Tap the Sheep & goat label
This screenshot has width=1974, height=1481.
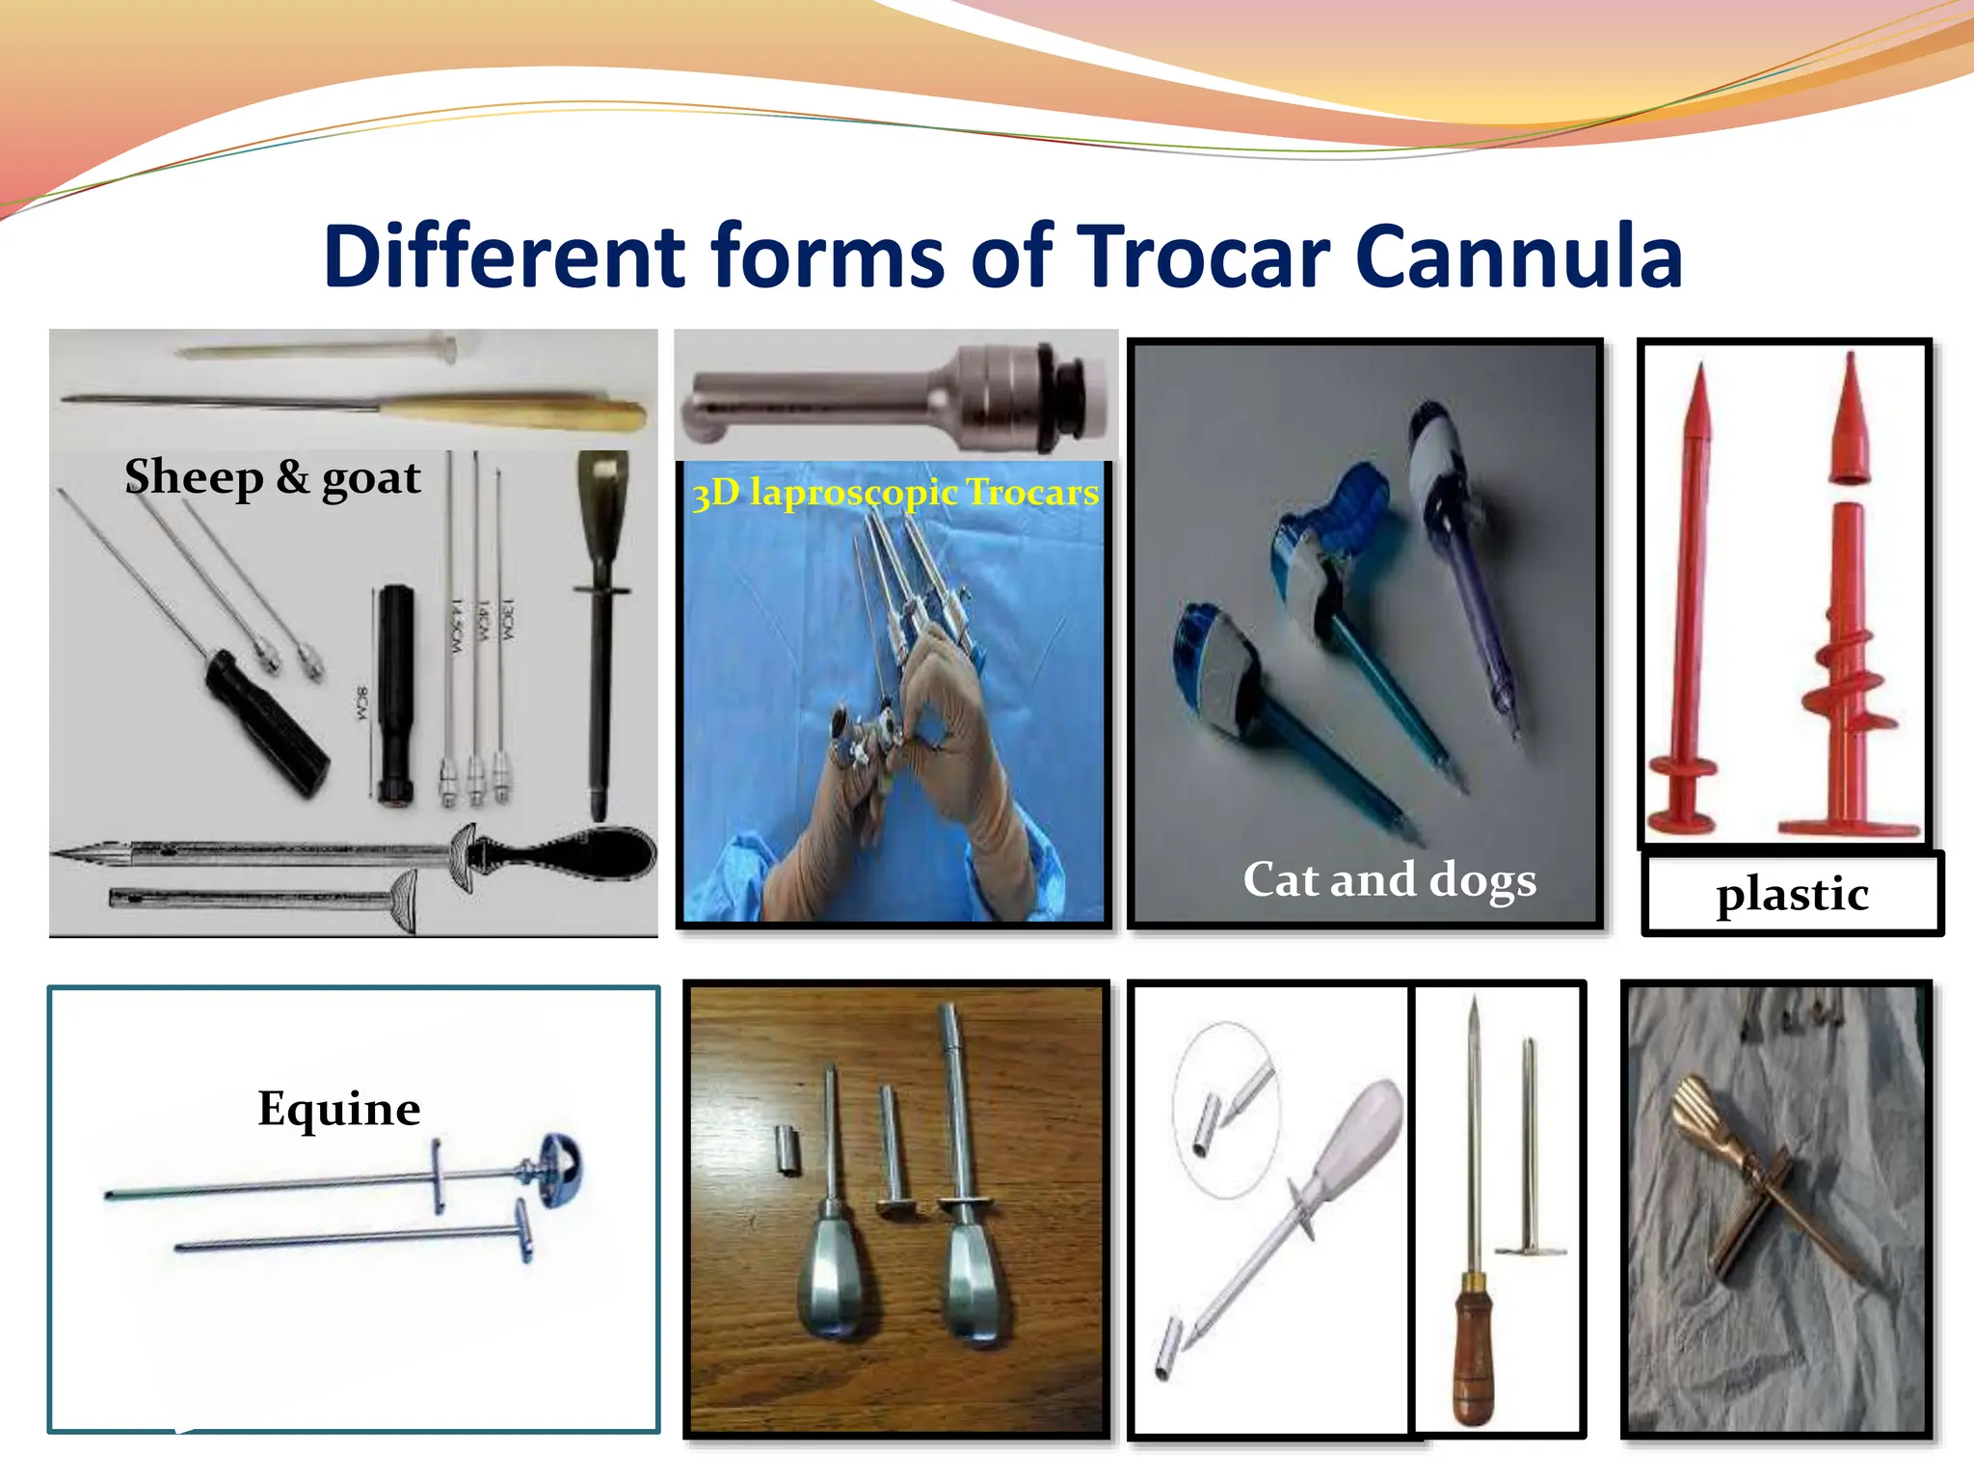click(273, 477)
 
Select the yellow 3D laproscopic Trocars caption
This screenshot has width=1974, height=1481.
click(894, 493)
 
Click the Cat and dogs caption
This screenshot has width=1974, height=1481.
click(1389, 879)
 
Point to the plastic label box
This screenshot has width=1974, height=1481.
click(1792, 894)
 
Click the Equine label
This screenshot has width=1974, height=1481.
click(338, 1109)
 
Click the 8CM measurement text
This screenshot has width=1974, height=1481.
click(361, 702)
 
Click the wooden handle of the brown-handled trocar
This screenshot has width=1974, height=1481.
click(1472, 1350)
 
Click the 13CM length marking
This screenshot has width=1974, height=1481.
click(508, 617)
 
